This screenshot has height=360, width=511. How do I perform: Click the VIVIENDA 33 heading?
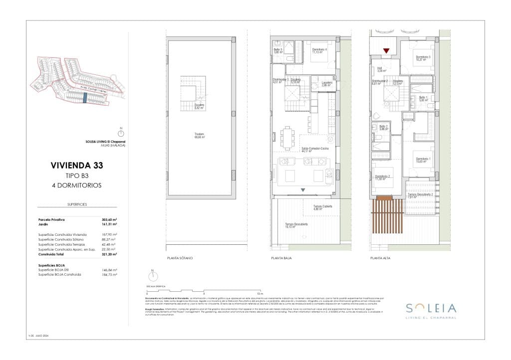[77, 165]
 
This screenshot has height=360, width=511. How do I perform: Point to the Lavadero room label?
[327, 83]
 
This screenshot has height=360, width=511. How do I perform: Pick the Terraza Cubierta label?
[323, 207]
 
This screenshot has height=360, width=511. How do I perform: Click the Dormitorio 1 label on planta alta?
[423, 160]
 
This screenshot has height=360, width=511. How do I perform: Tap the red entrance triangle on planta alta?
[386, 50]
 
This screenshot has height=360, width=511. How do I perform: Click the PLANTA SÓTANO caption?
[180, 258]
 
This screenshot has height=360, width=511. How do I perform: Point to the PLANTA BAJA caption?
[281, 258]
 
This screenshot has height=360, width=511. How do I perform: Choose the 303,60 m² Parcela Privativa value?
[109, 219]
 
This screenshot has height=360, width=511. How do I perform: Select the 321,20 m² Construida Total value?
[109, 254]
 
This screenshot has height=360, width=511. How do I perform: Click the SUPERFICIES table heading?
[77, 204]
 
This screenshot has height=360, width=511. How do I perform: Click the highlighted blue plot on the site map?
[85, 97]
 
